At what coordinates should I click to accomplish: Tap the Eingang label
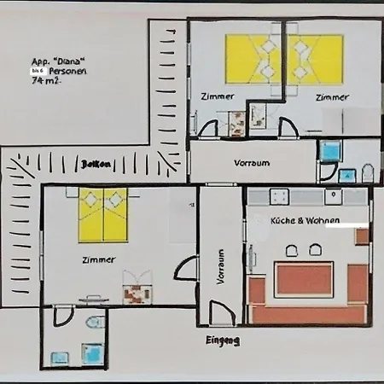pyautogui.click(x=222, y=340)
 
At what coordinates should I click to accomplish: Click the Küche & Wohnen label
pyautogui.click(x=305, y=220)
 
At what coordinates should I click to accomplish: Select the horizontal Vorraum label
pyautogui.click(x=252, y=162)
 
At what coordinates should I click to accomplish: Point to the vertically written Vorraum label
pyautogui.click(x=220, y=265)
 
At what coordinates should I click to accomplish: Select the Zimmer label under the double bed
pyautogui.click(x=99, y=259)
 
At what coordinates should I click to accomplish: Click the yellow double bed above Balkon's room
pyautogui.click(x=102, y=213)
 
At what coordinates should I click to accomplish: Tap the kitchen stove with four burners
pyautogui.click(x=279, y=196)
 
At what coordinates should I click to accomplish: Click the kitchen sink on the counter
pyautogui.click(x=333, y=196)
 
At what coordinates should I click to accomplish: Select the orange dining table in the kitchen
pyautogui.click(x=302, y=278)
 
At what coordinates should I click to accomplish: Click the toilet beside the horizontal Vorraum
pyautogui.click(x=367, y=173)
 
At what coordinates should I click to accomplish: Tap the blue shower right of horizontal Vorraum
pyautogui.click(x=329, y=148)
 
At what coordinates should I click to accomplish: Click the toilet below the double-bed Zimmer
pyautogui.click(x=95, y=323)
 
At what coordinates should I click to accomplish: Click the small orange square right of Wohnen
pyautogui.click(x=362, y=236)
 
